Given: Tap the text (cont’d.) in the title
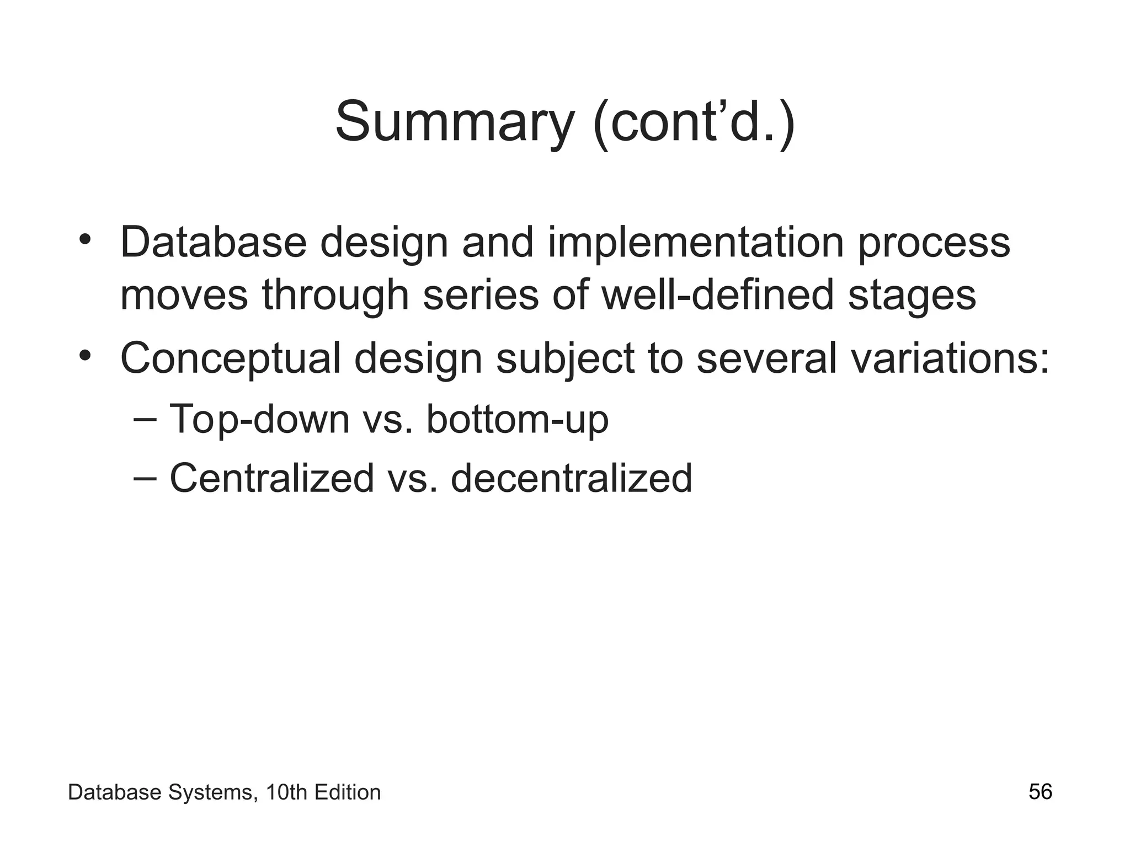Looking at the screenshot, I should pos(694,122).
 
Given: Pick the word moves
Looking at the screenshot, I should pos(184,295).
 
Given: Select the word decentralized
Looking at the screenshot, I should pos(571,478).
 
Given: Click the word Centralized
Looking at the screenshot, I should pos(272,478).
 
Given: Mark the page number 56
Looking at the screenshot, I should pos(1040,792).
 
